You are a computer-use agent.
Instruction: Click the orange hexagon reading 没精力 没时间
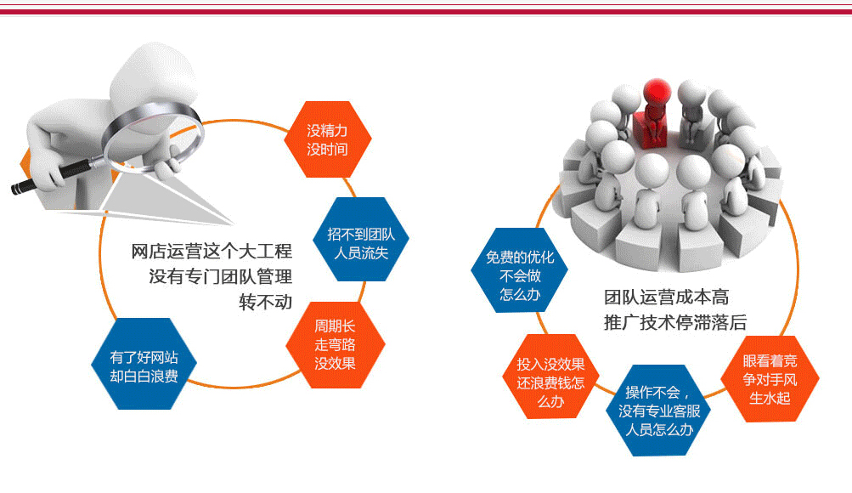coord(328,139)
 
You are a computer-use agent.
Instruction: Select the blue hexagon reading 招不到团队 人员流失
coord(361,239)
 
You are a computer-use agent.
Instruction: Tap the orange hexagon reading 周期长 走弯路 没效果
coord(336,344)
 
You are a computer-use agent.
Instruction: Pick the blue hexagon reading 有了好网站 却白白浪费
coord(144,364)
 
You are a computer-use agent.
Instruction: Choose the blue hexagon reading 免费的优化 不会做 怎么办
coord(520,270)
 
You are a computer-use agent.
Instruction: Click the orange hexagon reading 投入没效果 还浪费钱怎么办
coord(550,377)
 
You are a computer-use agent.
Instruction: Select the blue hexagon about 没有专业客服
coord(658,411)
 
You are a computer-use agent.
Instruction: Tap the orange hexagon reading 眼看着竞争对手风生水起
coord(770,379)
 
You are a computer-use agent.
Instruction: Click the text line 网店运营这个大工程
coord(212,251)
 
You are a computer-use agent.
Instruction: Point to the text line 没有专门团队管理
coord(221,276)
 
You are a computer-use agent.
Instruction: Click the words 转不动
coord(266,302)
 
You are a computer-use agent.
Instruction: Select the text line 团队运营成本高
coord(666,297)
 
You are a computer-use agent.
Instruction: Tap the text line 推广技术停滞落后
coord(675,322)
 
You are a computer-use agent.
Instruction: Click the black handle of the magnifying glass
coord(50,176)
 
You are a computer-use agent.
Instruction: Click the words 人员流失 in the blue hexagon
coord(361,252)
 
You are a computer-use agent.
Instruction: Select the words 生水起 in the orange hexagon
coord(770,399)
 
